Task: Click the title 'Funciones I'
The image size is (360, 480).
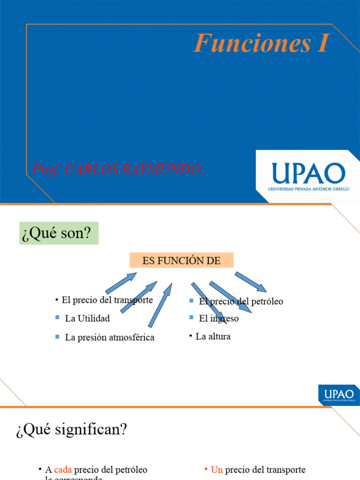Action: (x=261, y=44)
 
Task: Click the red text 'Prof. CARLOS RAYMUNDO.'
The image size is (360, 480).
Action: (x=118, y=170)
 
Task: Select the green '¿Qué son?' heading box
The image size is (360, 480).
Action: (x=59, y=233)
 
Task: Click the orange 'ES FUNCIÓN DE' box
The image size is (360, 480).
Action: (x=181, y=261)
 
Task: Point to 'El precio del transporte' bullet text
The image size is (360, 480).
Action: (x=107, y=300)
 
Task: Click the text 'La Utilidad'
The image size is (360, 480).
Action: (x=87, y=318)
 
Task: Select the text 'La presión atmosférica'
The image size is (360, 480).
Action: (x=110, y=337)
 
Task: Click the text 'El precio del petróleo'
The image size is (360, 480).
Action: (x=241, y=301)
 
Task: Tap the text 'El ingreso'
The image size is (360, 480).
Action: (x=219, y=319)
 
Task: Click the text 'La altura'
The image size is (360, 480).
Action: (x=213, y=337)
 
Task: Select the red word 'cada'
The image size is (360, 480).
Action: (x=63, y=470)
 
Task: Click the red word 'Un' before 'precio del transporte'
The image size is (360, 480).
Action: (x=217, y=470)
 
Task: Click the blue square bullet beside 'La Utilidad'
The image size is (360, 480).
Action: (x=57, y=318)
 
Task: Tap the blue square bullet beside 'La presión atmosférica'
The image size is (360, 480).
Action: (x=57, y=337)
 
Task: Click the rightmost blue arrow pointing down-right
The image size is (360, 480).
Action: (x=251, y=282)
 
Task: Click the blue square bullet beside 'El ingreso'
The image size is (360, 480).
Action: (x=191, y=317)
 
